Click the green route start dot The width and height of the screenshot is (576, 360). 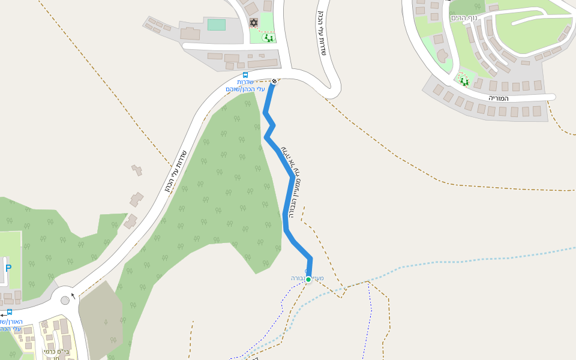308,279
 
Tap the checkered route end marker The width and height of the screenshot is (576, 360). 274,81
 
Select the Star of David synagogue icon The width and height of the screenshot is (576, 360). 253,23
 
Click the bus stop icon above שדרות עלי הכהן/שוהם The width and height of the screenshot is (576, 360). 245,75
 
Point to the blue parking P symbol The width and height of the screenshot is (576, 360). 8,268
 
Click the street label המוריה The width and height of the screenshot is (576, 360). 499,98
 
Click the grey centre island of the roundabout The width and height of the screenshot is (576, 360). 65,300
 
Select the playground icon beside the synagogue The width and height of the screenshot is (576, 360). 268,38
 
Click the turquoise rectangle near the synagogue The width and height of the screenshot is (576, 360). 216,25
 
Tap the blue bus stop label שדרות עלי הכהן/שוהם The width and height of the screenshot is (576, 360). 245,86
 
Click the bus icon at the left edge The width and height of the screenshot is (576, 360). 10,313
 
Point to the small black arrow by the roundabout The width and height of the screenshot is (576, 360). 73,295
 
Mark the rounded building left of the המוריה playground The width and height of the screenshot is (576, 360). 443,56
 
